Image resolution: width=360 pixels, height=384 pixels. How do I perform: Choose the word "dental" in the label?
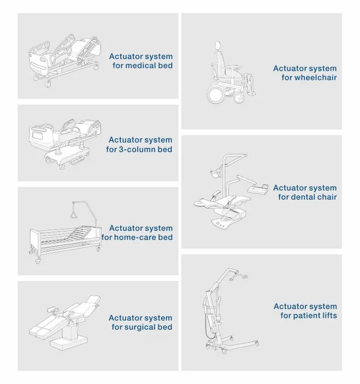[x=300, y=197]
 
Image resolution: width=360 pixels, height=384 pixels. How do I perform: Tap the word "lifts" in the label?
[x=329, y=316]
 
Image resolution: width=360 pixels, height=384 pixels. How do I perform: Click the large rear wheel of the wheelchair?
[x=216, y=94]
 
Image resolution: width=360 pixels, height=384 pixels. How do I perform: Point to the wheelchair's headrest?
[x=217, y=45]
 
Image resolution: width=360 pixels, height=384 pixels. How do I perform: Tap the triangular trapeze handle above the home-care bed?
[x=73, y=215]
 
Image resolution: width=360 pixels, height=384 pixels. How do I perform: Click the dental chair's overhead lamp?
[x=216, y=173]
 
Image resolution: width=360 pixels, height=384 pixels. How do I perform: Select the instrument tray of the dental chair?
[x=258, y=189]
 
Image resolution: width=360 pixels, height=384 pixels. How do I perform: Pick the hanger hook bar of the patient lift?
[x=238, y=277]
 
